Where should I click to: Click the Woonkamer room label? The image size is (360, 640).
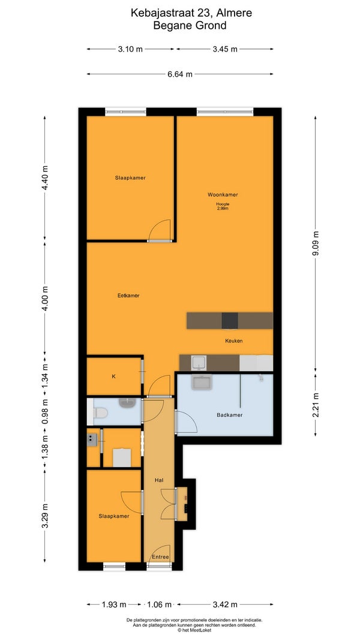click(x=223, y=195)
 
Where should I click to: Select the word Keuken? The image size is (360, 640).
click(x=234, y=341)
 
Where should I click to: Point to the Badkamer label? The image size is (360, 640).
click(x=229, y=415)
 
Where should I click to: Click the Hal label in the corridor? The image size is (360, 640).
click(x=159, y=480)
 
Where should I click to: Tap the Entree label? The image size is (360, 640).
click(x=160, y=557)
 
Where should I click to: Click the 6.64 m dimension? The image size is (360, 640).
click(x=180, y=74)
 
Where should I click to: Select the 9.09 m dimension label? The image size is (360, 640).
click(x=316, y=244)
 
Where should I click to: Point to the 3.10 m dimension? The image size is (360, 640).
click(x=130, y=49)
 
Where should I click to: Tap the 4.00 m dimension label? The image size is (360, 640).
click(x=45, y=298)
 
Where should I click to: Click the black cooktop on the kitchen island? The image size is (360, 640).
click(x=230, y=321)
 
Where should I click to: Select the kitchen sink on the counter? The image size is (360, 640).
click(x=199, y=362)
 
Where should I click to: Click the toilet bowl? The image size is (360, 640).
click(x=99, y=413)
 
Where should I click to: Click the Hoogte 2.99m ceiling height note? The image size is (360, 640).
click(x=223, y=206)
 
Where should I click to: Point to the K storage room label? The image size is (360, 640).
click(x=114, y=376)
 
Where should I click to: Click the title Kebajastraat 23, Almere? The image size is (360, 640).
click(x=191, y=13)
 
